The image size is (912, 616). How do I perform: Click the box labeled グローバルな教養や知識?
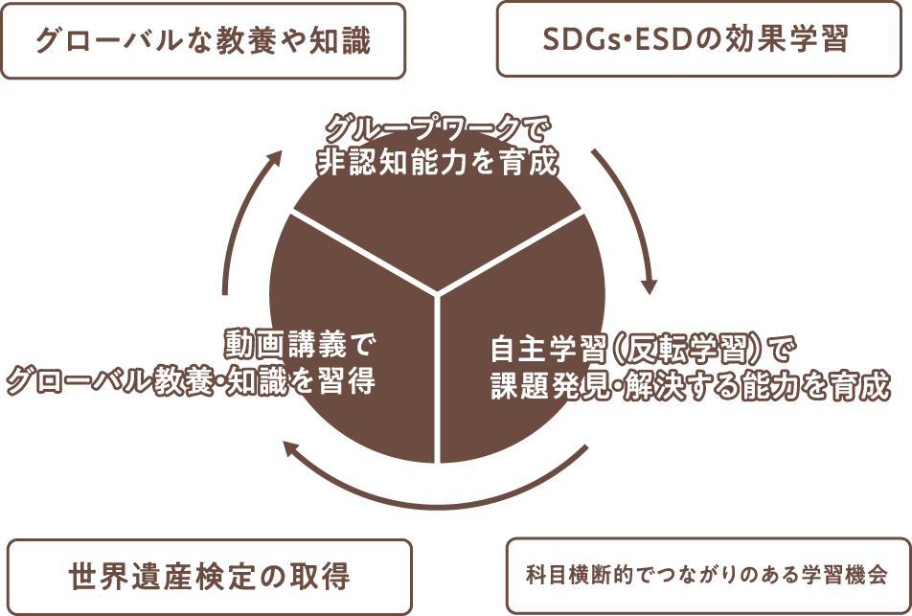point(203,41)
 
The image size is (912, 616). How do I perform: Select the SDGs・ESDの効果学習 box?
point(695,40)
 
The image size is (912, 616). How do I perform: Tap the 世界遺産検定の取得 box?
point(210,577)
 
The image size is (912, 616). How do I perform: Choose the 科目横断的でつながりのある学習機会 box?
point(706,577)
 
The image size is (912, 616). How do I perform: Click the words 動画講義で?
point(298,343)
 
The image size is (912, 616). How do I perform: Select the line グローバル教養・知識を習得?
point(191,381)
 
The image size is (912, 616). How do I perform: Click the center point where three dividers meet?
point(439,292)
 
